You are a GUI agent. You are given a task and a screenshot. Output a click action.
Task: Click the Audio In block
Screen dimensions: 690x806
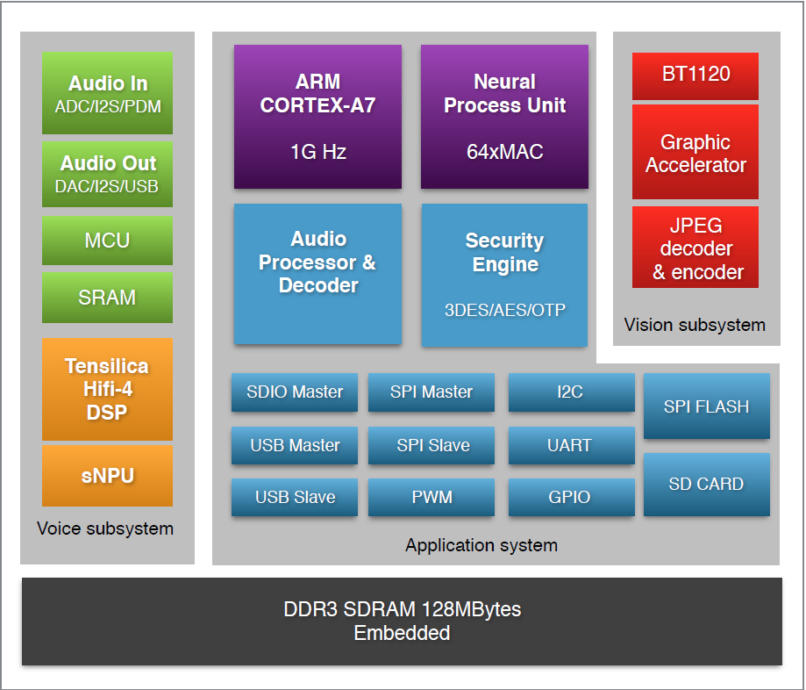[107, 94]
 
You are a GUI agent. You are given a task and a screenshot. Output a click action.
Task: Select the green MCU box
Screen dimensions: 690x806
[107, 241]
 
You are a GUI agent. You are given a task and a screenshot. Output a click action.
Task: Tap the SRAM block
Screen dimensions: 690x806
[107, 297]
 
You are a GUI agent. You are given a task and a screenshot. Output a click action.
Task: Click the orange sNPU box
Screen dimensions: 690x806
[107, 476]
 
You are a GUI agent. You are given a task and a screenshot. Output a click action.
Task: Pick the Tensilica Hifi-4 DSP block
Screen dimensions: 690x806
[107, 389]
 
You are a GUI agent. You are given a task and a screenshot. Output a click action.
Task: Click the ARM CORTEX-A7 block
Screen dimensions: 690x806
[317, 117]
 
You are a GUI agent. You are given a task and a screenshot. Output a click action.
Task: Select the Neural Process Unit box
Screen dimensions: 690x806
[504, 117]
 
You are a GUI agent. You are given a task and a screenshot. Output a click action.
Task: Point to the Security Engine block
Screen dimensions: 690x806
[504, 275]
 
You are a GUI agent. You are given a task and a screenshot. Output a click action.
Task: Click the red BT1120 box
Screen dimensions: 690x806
[695, 75]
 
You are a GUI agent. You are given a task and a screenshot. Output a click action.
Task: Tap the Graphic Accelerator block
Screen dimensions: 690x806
[695, 153]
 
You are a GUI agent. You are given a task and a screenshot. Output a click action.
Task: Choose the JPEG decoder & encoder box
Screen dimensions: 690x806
[695, 248]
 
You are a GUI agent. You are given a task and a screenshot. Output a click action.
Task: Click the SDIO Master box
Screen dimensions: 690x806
[295, 392]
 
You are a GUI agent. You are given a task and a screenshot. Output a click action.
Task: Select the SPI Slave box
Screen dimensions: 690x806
[432, 446]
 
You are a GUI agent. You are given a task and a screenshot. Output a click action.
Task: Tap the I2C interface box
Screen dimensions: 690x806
[571, 392]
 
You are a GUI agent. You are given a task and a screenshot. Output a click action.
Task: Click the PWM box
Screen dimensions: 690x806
[432, 498]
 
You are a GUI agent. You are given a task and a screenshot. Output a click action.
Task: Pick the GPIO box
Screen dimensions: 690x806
[571, 498]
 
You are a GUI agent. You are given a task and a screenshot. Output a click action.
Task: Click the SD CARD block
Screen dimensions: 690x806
[706, 485]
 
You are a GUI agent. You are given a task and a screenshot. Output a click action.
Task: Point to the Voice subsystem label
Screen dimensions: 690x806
[105, 528]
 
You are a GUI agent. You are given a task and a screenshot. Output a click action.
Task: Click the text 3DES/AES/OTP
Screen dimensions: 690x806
[504, 310]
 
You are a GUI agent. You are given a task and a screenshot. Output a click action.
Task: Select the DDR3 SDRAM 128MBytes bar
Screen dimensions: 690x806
[402, 621]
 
